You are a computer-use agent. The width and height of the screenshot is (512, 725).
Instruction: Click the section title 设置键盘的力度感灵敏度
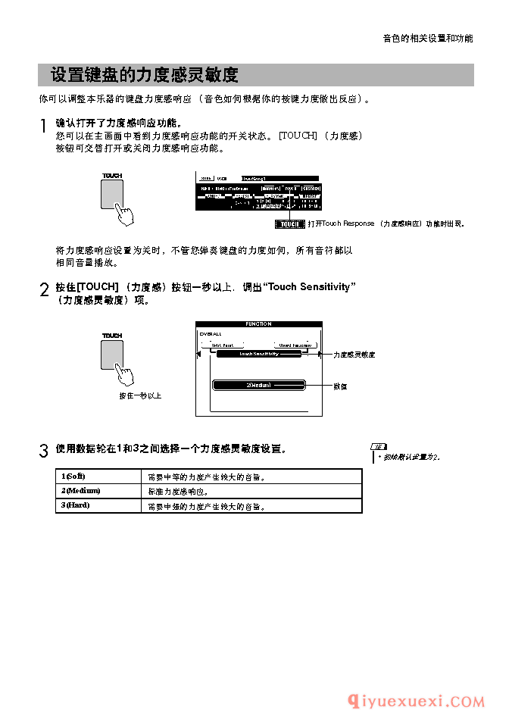(144, 75)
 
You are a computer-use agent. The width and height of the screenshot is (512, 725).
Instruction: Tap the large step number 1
(44, 127)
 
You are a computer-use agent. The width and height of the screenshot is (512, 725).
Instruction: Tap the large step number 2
(44, 290)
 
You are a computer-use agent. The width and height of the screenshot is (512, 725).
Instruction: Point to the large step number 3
(44, 452)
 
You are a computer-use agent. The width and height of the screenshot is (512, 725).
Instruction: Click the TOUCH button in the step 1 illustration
(111, 194)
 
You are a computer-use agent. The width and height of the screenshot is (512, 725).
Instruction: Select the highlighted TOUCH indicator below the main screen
(290, 223)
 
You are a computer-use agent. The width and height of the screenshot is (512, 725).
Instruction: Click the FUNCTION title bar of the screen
(258, 324)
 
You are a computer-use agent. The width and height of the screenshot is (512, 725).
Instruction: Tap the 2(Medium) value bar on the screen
(258, 385)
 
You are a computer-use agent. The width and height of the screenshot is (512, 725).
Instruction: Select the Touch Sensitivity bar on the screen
(259, 354)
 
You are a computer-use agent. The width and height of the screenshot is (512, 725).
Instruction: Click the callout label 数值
(340, 386)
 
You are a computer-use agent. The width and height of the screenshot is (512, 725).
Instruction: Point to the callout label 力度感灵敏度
(354, 355)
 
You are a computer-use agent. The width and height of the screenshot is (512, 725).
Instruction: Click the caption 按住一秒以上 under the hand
(140, 395)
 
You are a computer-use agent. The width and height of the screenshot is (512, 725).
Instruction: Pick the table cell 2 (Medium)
(80, 491)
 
